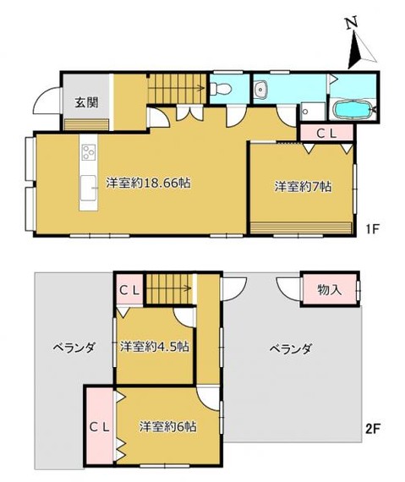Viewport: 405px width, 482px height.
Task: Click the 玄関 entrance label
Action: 85,103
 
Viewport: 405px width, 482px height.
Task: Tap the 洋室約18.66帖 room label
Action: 147,183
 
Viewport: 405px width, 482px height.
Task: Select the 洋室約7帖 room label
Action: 301,187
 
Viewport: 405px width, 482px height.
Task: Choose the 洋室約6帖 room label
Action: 167,427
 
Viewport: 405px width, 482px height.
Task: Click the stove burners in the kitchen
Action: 87,153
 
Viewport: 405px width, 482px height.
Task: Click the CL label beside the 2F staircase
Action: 129,291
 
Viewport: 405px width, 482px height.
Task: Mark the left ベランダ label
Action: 73,347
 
